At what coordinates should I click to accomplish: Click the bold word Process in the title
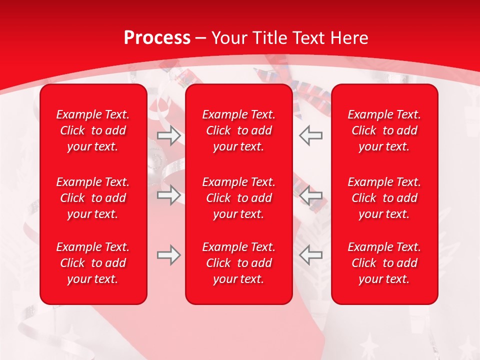tap(157, 38)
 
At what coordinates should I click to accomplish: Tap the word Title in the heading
tap(269, 38)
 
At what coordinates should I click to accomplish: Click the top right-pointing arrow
tap(169, 135)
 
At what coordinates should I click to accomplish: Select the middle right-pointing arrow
tap(169, 195)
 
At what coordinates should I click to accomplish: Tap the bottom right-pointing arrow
tap(169, 255)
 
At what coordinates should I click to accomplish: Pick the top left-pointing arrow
tap(311, 135)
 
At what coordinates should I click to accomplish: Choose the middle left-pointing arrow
tap(311, 195)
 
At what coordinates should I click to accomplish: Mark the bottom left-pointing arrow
tap(311, 255)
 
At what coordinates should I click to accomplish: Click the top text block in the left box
tap(93, 130)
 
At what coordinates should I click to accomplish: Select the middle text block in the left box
tap(93, 198)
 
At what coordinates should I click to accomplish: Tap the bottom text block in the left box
tap(93, 263)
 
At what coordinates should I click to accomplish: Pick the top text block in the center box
tap(239, 130)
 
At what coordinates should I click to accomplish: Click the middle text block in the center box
tap(239, 198)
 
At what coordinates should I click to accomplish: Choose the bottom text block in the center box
tap(239, 263)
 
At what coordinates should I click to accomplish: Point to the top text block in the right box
tap(384, 130)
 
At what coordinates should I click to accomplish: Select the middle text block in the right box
tap(384, 198)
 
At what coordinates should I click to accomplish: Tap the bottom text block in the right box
tap(384, 263)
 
